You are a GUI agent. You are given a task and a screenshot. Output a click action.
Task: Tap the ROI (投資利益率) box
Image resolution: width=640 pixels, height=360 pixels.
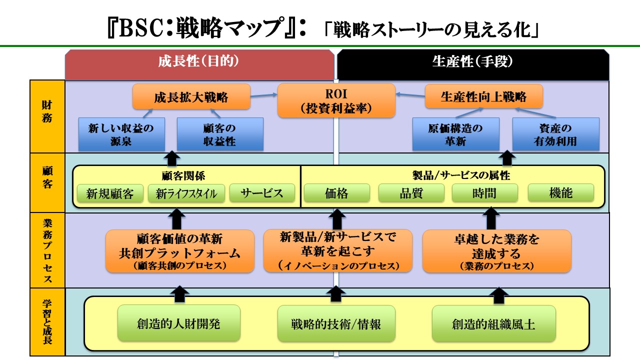(336, 100)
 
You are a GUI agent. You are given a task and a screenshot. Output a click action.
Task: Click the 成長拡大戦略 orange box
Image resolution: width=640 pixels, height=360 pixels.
(191, 96)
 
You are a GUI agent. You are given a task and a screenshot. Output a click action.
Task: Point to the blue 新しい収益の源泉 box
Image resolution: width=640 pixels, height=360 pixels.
(122, 134)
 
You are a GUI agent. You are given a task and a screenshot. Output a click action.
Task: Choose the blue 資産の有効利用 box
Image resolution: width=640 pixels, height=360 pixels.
(555, 134)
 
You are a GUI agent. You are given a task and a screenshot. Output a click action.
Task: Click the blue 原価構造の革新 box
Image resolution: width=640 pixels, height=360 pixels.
(455, 134)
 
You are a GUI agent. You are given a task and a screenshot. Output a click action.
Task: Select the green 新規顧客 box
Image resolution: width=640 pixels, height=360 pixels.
(110, 193)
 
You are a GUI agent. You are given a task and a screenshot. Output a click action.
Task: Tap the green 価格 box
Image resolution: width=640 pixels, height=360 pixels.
(336, 193)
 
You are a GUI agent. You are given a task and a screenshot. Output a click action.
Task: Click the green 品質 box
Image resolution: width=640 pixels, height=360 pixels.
(411, 193)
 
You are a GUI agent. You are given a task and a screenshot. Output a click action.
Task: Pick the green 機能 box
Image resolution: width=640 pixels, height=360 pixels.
(560, 193)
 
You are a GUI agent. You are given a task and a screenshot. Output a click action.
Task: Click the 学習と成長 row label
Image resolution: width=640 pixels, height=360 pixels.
(47, 322)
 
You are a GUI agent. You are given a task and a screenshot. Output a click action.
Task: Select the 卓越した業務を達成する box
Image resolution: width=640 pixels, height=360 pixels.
(496, 251)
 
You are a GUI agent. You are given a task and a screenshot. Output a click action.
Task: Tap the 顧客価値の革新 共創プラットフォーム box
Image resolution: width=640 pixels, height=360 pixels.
(180, 251)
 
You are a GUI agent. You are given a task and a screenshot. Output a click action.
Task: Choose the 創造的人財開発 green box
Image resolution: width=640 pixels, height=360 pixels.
(178, 323)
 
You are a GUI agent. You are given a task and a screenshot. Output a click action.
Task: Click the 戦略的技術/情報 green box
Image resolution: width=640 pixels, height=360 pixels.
(336, 323)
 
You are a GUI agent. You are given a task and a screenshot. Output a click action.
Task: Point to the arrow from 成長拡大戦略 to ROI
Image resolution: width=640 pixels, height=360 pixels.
(264, 94)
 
